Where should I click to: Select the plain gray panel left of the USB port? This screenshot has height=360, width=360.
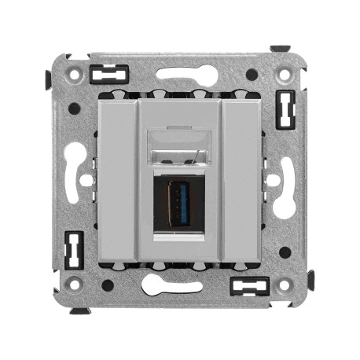(x=117, y=180)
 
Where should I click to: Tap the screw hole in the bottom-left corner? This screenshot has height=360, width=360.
(x=75, y=284)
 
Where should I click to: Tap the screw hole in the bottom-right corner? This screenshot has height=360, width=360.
(x=284, y=284)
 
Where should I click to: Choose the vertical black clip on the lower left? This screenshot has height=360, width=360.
(x=74, y=250)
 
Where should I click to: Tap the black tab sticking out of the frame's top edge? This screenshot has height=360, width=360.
(x=280, y=49)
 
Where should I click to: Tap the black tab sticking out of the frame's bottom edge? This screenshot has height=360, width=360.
(x=79, y=310)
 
